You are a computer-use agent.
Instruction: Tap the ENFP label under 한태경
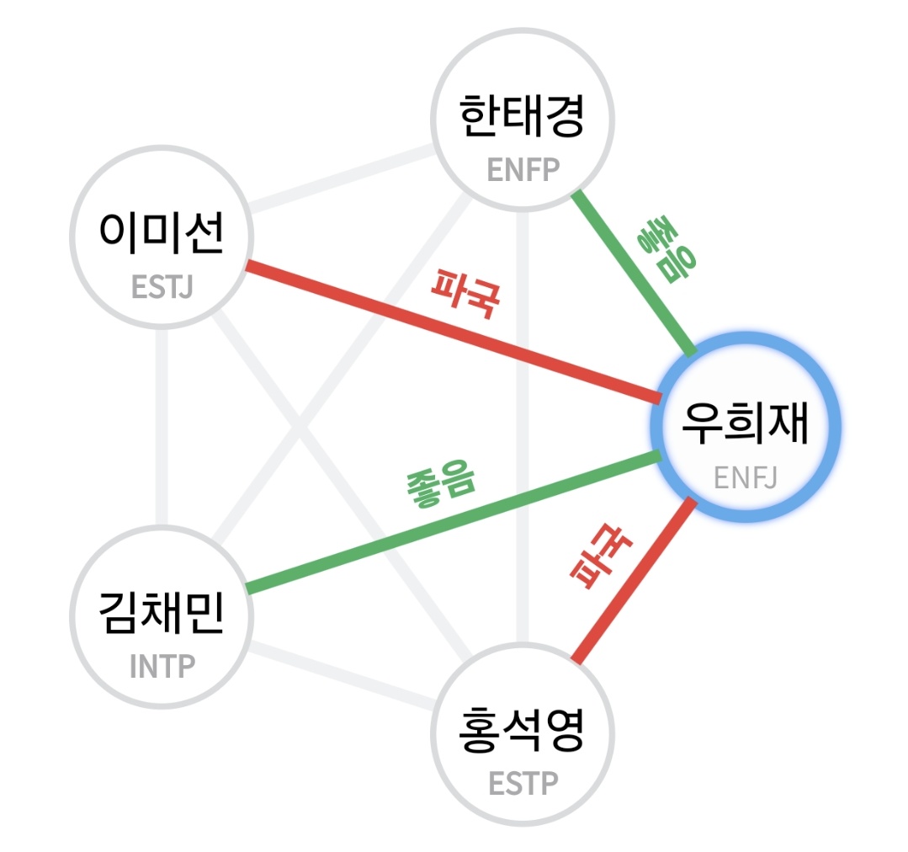pos(523,170)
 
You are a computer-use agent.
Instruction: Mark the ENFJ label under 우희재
pos(746,478)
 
